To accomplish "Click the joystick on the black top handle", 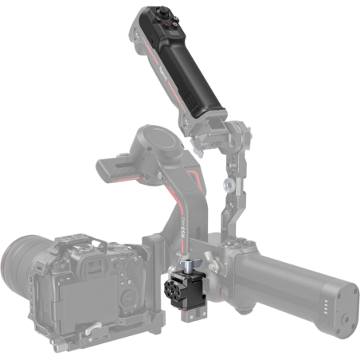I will click(x=161, y=14).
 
